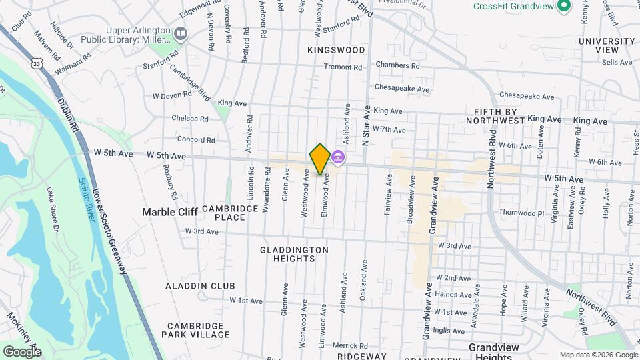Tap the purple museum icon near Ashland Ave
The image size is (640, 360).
click(x=337, y=157)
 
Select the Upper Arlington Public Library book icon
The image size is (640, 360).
click(x=180, y=33)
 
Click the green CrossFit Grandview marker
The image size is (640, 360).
click(x=564, y=6)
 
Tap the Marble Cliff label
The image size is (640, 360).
click(x=169, y=212)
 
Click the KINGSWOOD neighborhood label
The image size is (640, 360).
click(x=336, y=50)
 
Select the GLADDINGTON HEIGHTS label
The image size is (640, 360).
click(x=294, y=254)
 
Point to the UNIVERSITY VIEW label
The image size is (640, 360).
click(x=607, y=45)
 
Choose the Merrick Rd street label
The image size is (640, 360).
click(x=350, y=345)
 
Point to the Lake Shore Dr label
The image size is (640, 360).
click(x=53, y=210)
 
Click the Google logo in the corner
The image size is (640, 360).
click(x=22, y=351)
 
